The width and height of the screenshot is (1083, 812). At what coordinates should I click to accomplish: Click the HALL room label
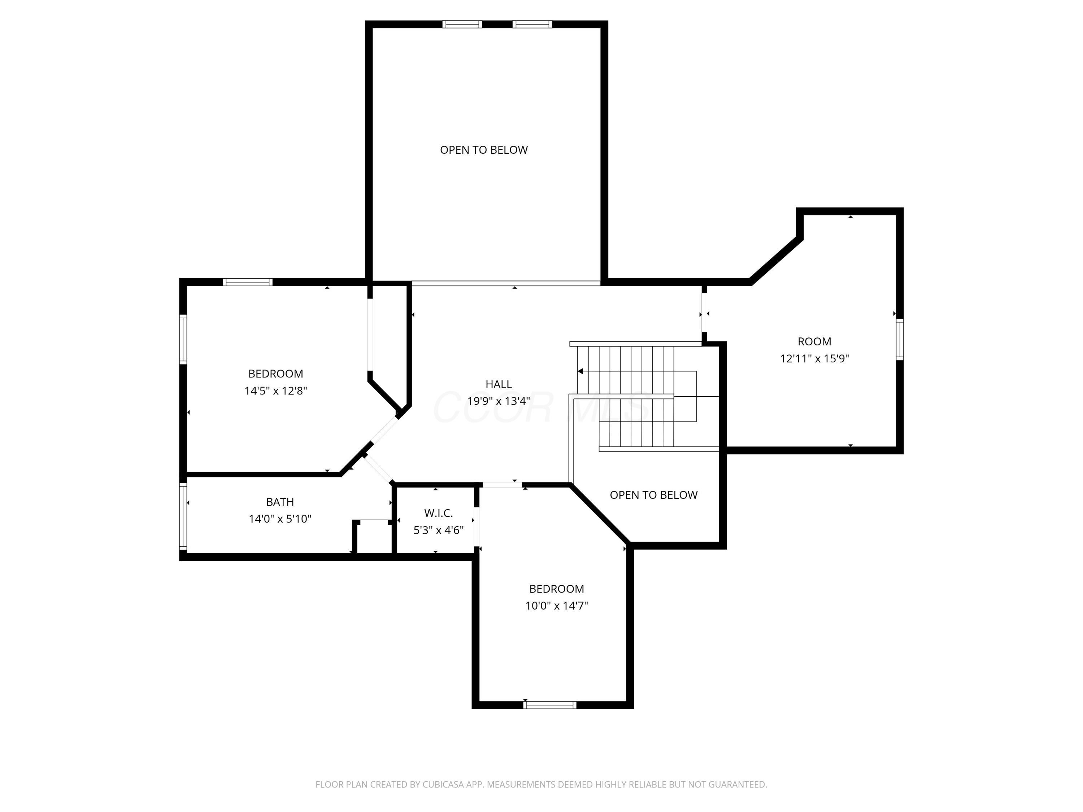[x=499, y=384]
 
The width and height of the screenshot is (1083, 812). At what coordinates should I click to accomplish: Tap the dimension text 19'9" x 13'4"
[x=499, y=401]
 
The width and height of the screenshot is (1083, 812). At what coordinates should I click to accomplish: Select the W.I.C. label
[x=438, y=513]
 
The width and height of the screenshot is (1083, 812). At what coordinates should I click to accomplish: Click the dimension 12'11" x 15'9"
[x=814, y=358]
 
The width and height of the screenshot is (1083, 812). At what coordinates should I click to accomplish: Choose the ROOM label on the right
[x=814, y=342]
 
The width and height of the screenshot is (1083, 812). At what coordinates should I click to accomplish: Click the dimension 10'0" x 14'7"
[x=557, y=606]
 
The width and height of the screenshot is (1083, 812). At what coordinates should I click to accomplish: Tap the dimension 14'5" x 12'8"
[x=276, y=390]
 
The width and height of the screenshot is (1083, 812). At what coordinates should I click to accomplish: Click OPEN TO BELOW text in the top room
[x=484, y=150]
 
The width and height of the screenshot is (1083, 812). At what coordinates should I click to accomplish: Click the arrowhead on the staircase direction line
[x=580, y=371]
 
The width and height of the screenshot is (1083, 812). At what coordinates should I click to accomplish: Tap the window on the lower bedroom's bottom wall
[x=550, y=705]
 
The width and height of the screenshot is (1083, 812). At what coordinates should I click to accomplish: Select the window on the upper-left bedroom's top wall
[x=247, y=282]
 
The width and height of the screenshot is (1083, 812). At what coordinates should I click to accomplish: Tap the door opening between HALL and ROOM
[x=704, y=312]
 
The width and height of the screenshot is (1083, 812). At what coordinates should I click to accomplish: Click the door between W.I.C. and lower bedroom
[x=477, y=526]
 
